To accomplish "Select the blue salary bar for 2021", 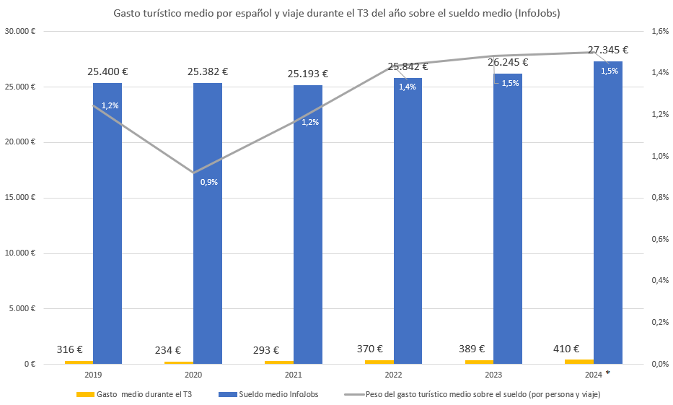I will (308, 238).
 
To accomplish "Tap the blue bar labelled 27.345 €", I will (608, 217).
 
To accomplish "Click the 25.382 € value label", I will (208, 71).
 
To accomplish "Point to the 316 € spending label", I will (70, 349).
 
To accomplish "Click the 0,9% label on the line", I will (209, 182).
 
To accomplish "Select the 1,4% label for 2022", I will (408, 87).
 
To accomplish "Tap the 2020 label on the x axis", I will (193, 375).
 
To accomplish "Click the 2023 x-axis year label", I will (494, 375).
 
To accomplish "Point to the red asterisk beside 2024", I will (608, 373).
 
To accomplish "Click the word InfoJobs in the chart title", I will (532, 14).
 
